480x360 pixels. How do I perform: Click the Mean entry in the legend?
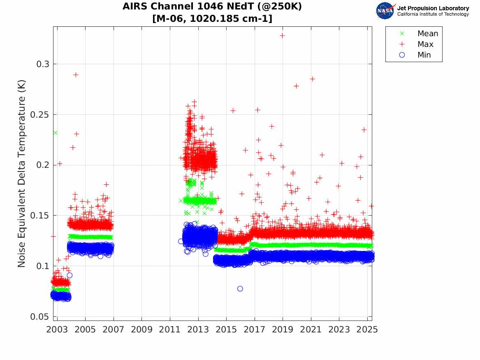427,34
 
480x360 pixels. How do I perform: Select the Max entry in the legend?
425,44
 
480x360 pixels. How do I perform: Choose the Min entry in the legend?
424,55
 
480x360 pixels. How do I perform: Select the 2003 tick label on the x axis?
57,330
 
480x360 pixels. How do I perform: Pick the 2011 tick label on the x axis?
170,330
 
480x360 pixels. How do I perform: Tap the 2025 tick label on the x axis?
367,330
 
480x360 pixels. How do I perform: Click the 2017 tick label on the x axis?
255,330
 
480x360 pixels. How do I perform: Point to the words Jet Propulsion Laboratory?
433,8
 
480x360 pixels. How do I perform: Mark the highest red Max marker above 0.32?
282,35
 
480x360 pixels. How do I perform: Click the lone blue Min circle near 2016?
240,289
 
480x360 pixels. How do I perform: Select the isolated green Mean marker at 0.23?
55,132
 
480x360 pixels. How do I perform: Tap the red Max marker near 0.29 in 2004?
76,74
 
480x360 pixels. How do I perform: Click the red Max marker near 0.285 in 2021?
312,79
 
